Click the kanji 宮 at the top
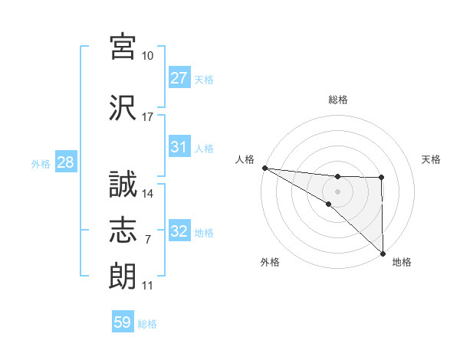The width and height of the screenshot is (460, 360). [x=123, y=47]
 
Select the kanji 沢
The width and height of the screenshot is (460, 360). [x=123, y=107]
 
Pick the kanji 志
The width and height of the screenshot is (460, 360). [x=123, y=230]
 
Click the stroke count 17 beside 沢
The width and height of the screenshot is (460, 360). [x=148, y=117]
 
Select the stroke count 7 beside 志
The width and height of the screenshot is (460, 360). [x=148, y=240]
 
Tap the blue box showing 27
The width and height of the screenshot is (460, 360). [x=179, y=77]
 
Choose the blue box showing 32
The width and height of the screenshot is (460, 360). [x=179, y=231]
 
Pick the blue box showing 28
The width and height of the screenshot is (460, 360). [x=65, y=162]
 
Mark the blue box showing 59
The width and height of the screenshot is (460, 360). [x=123, y=322]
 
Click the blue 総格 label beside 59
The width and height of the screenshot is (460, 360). [x=147, y=324]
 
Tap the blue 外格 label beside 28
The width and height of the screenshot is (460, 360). [x=41, y=164]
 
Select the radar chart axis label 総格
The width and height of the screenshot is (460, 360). [x=338, y=100]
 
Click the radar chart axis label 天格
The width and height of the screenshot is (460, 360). [x=432, y=159]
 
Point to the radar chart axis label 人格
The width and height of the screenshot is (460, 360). [x=245, y=159]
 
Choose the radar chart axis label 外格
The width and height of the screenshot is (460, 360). [x=270, y=262]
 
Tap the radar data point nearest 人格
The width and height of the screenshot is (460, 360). [x=264, y=168]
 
